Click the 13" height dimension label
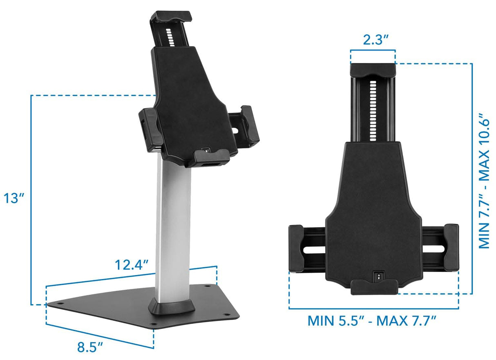tap(14, 199)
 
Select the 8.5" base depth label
tap(90, 347)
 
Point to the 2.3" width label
tap(373, 40)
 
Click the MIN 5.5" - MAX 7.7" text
tap(373, 320)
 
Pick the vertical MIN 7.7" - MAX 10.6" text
tap(484, 181)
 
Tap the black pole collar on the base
tap(172, 306)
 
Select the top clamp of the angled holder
tap(171, 17)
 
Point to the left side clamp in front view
tap(296, 248)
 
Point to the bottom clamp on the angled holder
tap(210, 156)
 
